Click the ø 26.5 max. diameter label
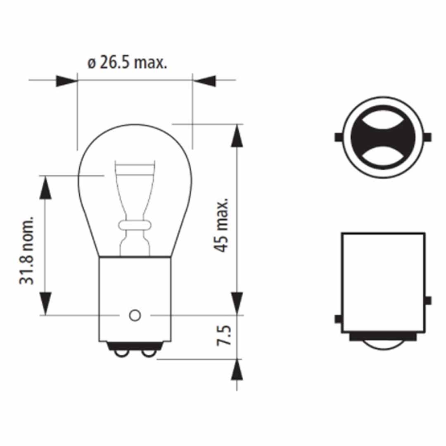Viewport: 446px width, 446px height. [127, 63]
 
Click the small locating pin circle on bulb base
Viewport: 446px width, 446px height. [135, 315]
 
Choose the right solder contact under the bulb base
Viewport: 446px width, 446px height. [149, 353]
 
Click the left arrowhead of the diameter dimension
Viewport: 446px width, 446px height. [66, 81]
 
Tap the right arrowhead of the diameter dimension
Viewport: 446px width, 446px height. [204, 81]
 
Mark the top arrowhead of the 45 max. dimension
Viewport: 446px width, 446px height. [237, 135]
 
